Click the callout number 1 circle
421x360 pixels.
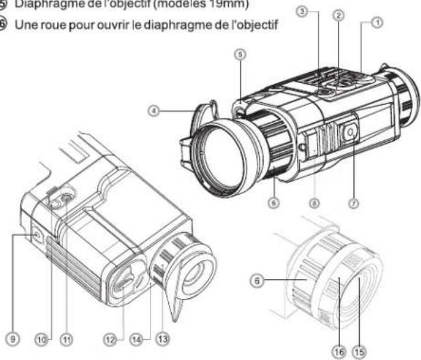(377, 23)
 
